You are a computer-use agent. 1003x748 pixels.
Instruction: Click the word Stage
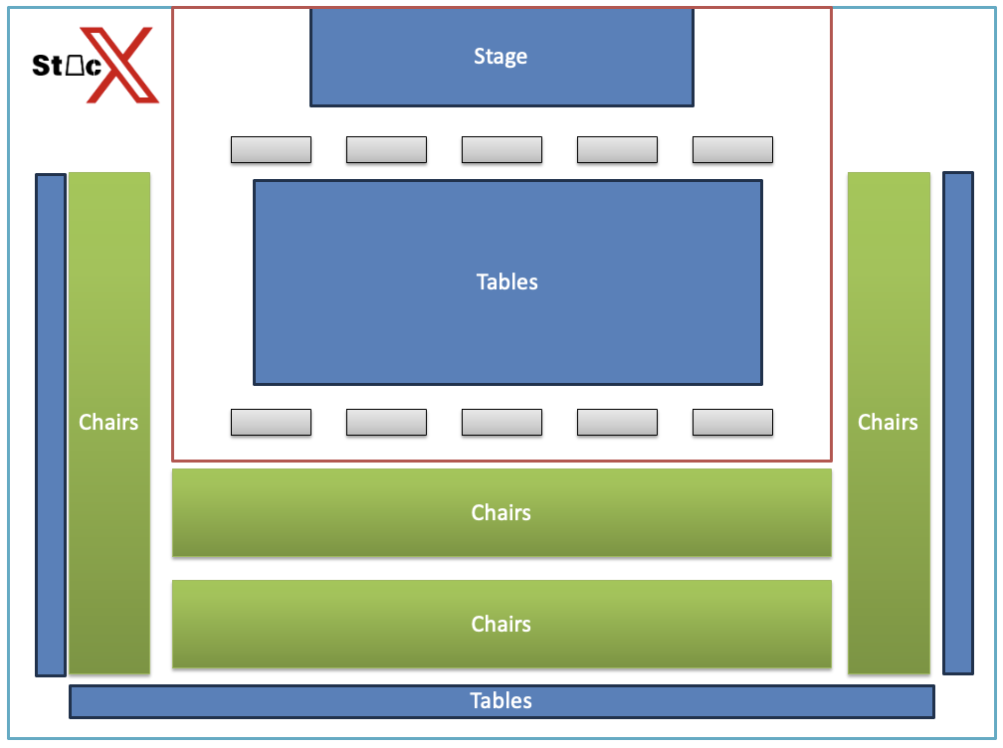click(501, 57)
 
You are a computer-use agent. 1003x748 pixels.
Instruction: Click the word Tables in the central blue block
click(507, 282)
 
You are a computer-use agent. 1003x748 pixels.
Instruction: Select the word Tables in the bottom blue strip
click(501, 701)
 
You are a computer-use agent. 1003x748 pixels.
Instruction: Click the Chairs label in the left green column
click(108, 423)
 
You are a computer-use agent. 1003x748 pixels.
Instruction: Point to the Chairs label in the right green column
click(888, 423)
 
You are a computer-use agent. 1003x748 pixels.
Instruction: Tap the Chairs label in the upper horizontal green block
click(501, 513)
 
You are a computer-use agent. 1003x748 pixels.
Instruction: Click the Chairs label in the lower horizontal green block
click(501, 625)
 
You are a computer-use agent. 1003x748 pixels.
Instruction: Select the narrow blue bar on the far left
click(51, 425)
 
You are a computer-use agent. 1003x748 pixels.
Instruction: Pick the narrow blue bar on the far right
click(957, 423)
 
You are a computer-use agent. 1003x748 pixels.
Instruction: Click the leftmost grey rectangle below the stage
click(271, 150)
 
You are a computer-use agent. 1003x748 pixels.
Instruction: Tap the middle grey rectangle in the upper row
click(501, 150)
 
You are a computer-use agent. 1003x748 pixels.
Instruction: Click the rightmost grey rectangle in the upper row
click(732, 150)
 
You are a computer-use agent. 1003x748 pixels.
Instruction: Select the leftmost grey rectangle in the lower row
click(271, 423)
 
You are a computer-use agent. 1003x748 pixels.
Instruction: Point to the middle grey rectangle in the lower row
click(501, 423)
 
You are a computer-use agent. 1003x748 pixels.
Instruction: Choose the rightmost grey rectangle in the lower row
click(732, 423)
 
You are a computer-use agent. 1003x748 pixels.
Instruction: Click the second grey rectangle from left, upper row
click(386, 150)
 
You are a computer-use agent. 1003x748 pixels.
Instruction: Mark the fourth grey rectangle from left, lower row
click(617, 423)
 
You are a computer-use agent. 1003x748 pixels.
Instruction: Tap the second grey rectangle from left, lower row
click(386, 423)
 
